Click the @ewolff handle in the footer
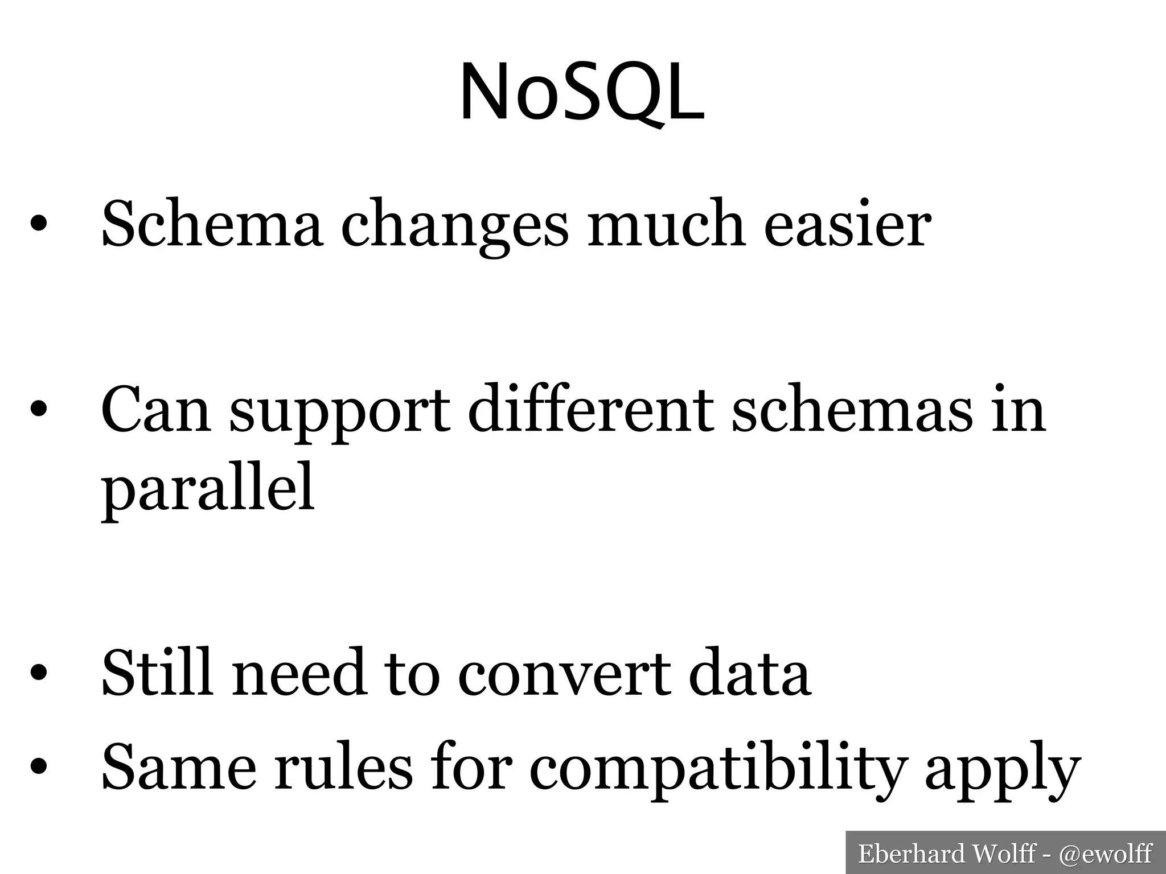1106,854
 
